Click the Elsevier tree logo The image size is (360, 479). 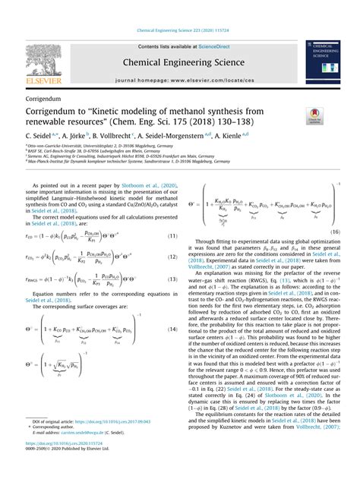click(x=43, y=63)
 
